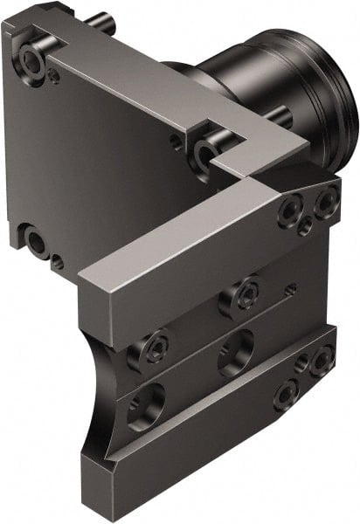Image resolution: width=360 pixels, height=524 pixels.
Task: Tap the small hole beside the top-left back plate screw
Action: click(54, 76)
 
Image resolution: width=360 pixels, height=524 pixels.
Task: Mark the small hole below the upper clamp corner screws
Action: click(305, 228)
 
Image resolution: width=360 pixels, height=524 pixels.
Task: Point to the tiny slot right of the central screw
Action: click(291, 287)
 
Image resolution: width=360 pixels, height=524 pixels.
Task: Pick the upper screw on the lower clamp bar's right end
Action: click(322, 355)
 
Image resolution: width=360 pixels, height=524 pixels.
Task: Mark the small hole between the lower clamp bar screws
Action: click(301, 366)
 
